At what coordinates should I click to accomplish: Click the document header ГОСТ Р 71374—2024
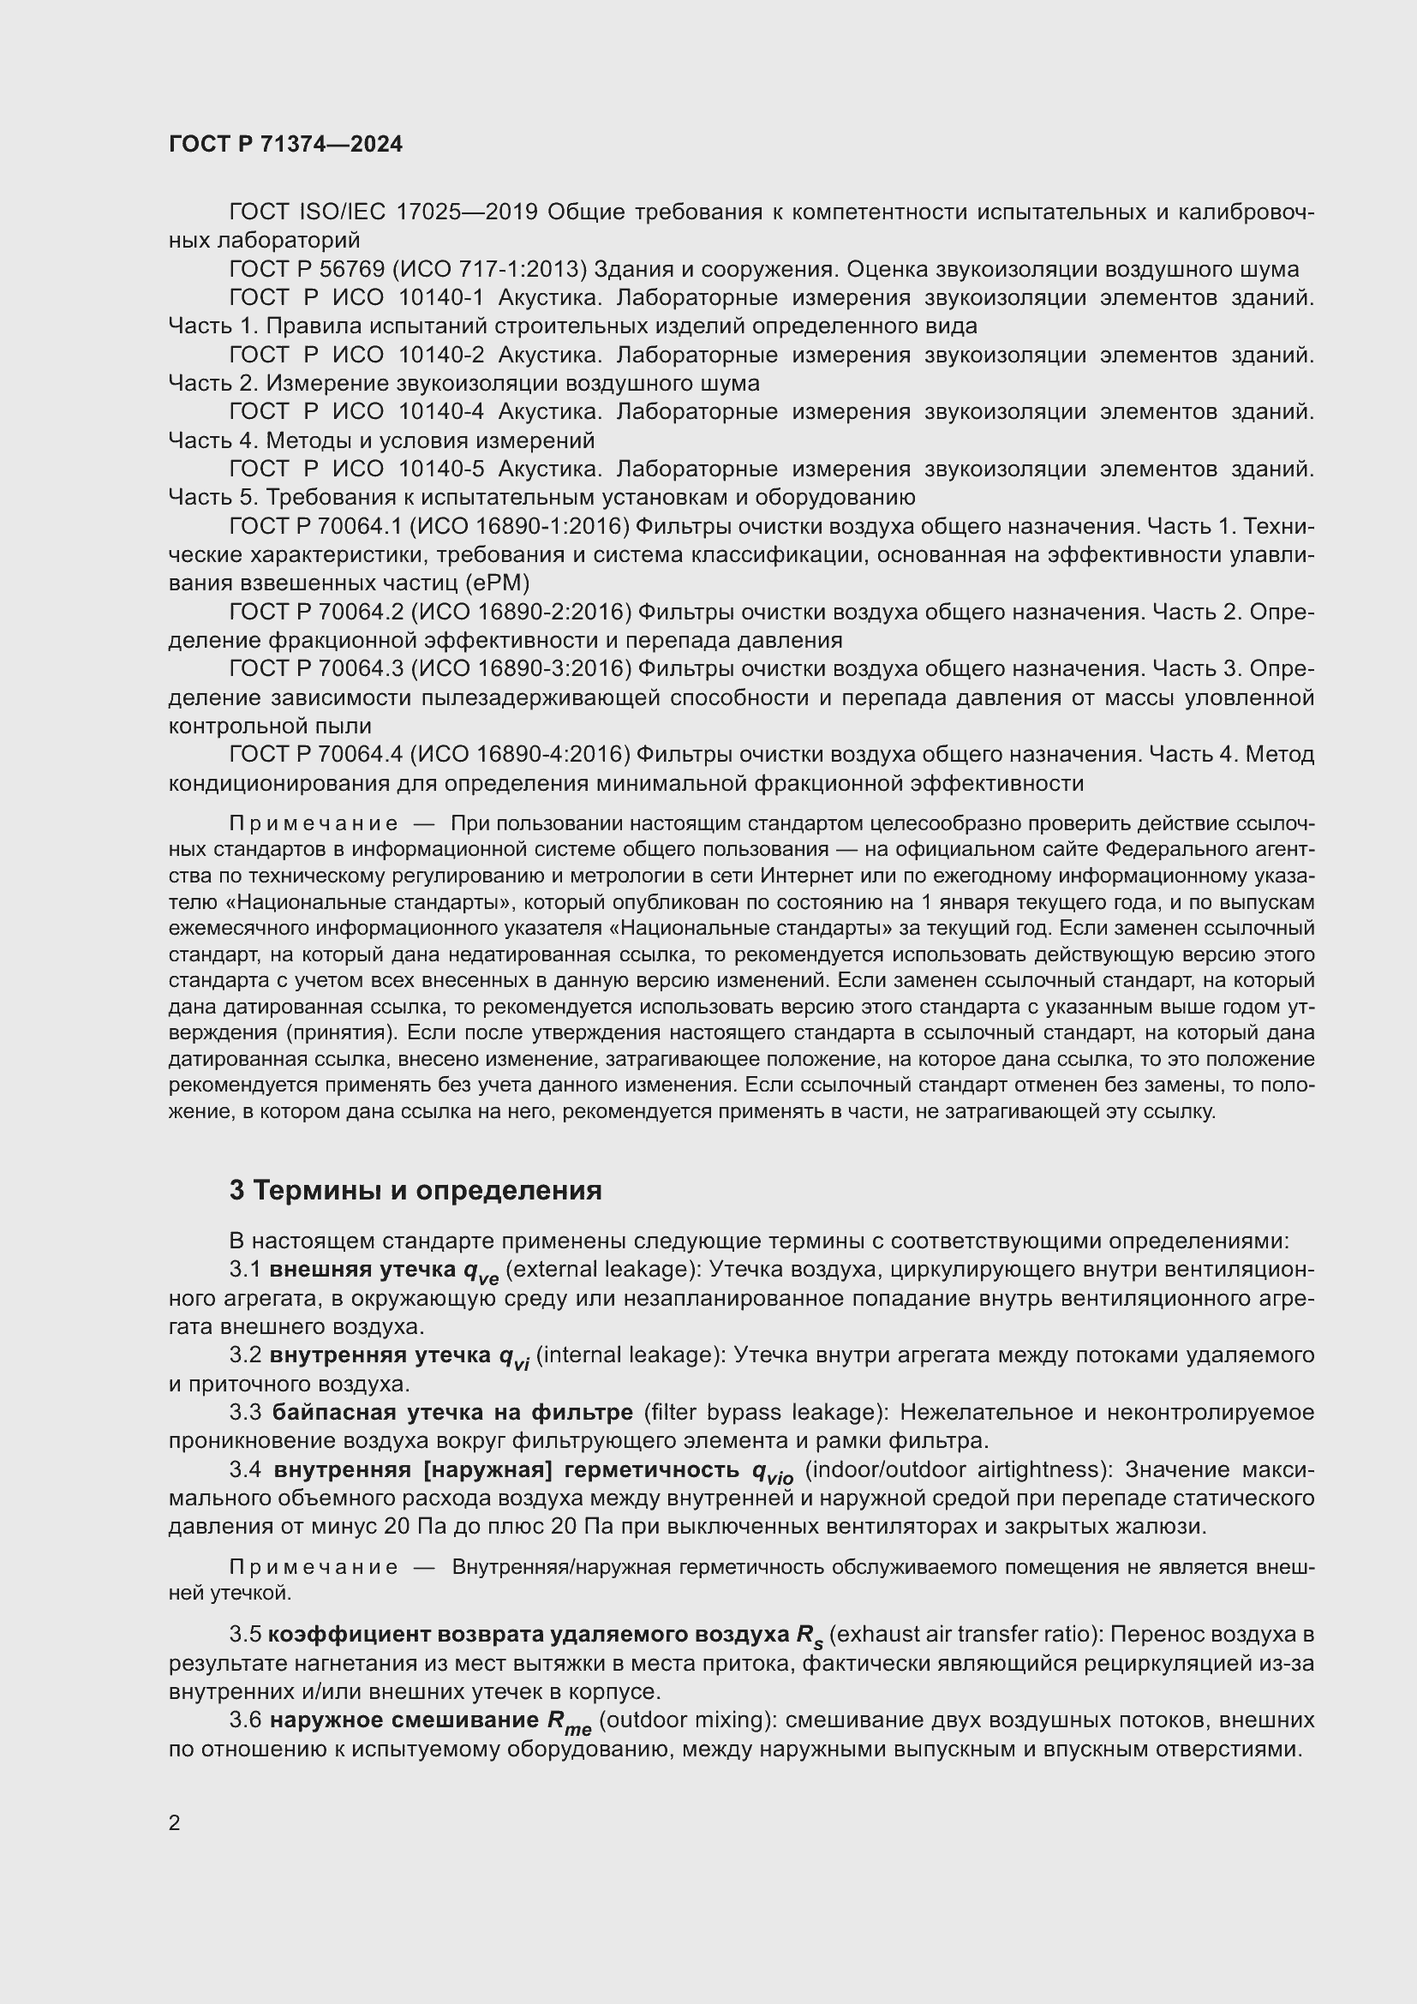285,144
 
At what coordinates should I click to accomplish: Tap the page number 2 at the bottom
175,1822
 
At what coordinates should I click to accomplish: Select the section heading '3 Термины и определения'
416,1191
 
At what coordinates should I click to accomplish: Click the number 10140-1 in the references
440,297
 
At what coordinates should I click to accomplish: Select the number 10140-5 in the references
440,469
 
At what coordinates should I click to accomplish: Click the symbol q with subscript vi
514,1357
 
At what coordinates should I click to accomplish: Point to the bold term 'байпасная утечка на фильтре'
452,1412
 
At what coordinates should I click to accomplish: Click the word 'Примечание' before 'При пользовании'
314,824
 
